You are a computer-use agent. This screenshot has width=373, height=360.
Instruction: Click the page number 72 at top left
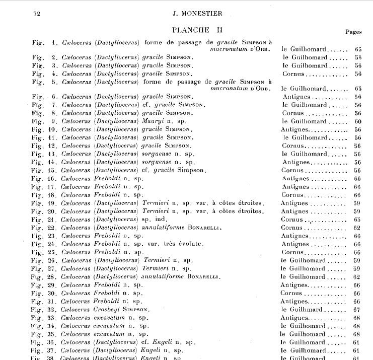[x=36, y=14]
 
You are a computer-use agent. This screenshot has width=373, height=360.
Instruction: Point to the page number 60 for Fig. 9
[x=358, y=121]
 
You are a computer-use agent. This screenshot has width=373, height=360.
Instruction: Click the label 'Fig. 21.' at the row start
[x=43, y=220]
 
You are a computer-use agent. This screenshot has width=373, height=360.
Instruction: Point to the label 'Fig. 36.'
[x=43, y=342]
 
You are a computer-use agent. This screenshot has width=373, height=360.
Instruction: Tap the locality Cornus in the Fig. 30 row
[x=291, y=293]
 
